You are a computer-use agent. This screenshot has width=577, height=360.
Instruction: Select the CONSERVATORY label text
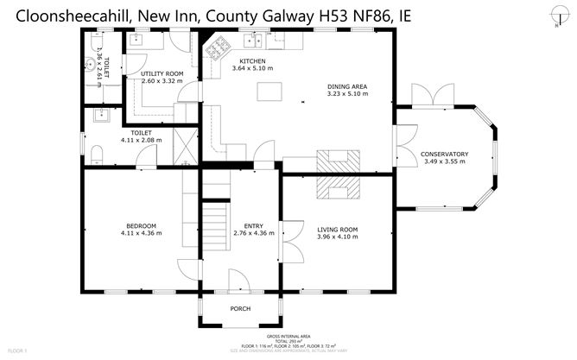click(444, 154)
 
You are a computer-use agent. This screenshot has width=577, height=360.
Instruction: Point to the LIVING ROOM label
click(337, 229)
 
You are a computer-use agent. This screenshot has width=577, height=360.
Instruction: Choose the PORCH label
click(239, 308)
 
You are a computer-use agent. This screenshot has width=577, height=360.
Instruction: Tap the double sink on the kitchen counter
click(257, 40)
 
